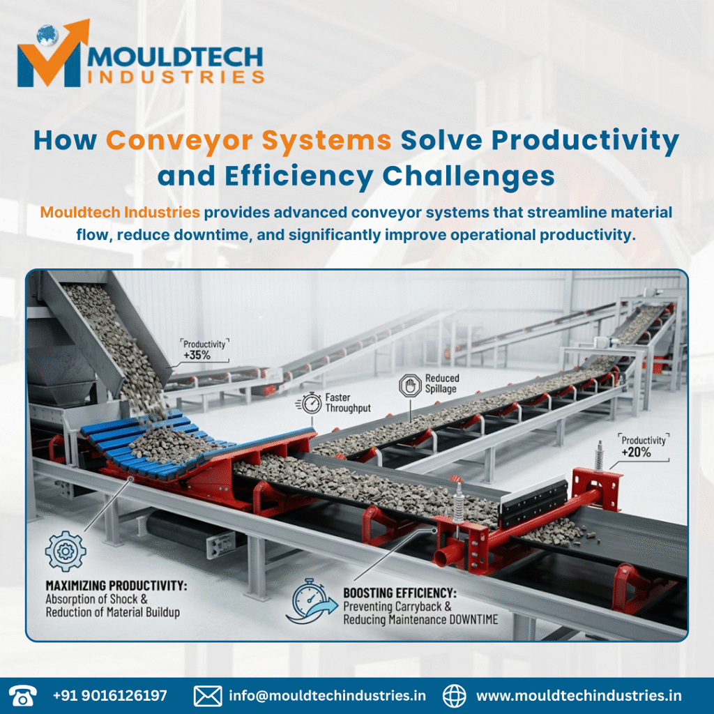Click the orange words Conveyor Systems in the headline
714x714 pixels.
[248, 140]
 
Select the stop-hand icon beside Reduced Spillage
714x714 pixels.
[408, 385]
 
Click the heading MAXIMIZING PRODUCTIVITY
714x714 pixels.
[116, 586]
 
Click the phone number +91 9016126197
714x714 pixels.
[110, 695]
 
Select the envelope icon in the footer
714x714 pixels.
[208, 695]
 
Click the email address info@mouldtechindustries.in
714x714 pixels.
[327, 695]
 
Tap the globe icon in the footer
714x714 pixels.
[455, 695]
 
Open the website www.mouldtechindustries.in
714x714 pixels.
[579, 695]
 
